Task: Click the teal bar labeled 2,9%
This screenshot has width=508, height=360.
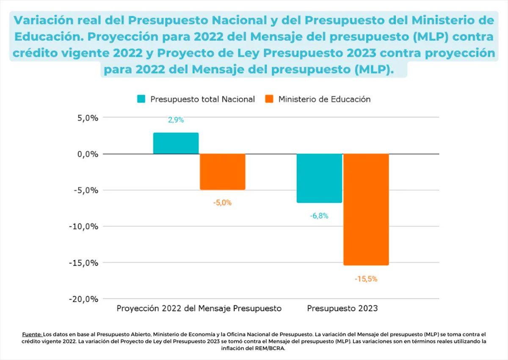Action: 176,143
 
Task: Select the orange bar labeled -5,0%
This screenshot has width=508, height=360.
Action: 222,172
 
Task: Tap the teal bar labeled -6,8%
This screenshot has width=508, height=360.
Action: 319,178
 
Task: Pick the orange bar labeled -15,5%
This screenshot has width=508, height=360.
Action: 366,209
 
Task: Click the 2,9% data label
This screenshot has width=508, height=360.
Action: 176,120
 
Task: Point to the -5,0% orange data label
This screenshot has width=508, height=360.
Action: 222,203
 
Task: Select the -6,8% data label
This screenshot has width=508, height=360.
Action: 319,216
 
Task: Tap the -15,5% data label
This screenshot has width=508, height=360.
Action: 366,279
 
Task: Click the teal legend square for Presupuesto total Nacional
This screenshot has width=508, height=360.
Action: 141,99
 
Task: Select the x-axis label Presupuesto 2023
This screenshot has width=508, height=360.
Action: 342,308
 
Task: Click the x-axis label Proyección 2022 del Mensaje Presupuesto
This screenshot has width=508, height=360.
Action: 199,308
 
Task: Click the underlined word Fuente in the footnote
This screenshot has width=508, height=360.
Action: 32,334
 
